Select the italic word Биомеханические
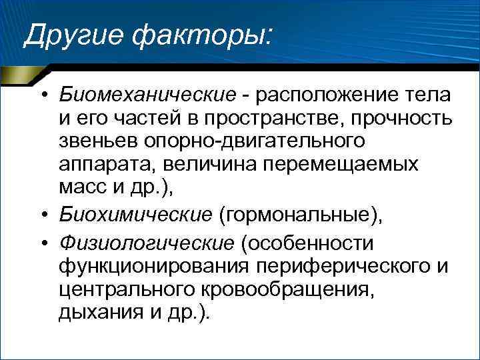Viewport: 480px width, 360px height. click(x=147, y=95)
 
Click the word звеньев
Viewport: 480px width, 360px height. click(x=99, y=141)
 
